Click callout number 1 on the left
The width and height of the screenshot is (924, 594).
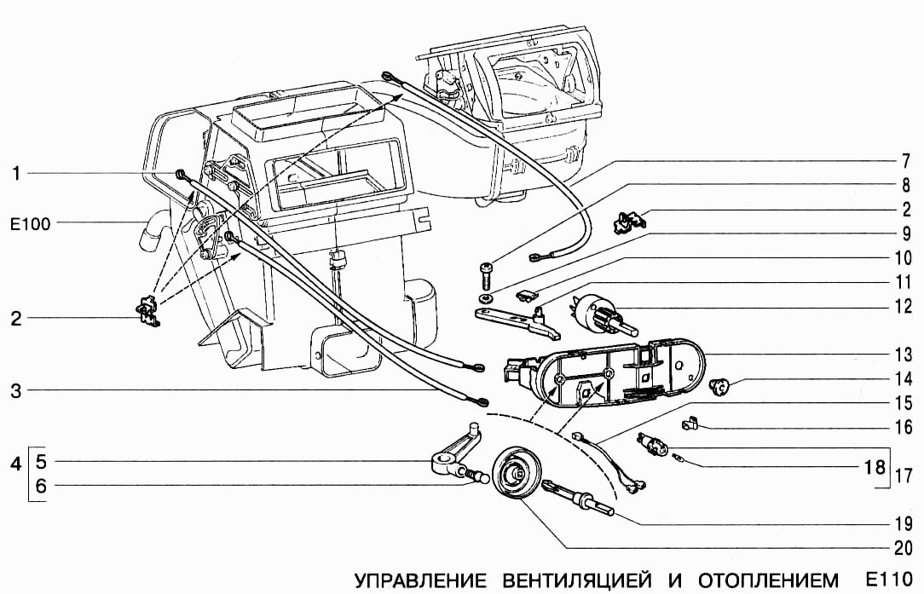tap(16, 174)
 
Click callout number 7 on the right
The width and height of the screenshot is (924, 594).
tap(906, 159)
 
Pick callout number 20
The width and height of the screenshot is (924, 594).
tap(903, 548)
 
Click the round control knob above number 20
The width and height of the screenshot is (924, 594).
tap(515, 478)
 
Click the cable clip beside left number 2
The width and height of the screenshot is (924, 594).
tap(148, 312)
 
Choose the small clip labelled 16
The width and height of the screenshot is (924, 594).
tap(692, 421)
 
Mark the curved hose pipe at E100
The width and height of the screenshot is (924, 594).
tap(153, 233)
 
